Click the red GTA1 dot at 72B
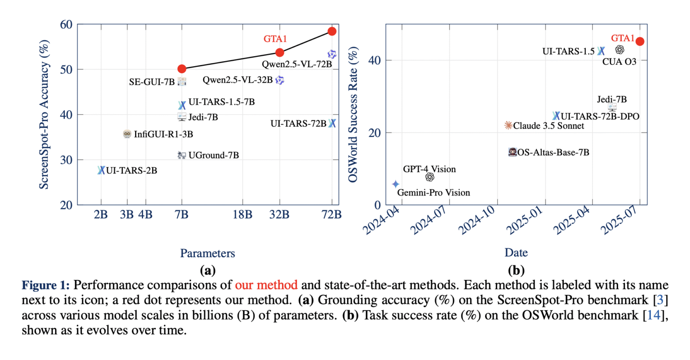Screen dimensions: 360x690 (x=332, y=31)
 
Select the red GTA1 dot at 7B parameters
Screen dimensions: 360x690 (x=181, y=69)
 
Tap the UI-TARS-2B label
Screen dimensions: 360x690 (x=132, y=171)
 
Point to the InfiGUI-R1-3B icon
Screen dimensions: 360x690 (x=127, y=134)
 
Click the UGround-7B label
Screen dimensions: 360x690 (x=213, y=156)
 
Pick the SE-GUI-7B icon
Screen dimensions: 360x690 (x=181, y=81)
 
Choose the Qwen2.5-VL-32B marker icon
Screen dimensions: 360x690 (x=280, y=80)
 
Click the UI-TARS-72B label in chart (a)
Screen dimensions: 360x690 (x=298, y=124)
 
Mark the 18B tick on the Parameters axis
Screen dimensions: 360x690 (x=243, y=215)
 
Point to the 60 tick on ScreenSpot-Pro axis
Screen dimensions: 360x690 (x=66, y=24)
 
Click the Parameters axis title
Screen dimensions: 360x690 (x=208, y=253)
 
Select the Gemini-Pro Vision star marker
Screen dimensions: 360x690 (x=395, y=184)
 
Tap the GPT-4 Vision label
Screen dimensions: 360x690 (x=429, y=169)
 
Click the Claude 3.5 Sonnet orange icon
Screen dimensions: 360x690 (x=508, y=125)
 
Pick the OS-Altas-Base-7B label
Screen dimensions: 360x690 (x=553, y=153)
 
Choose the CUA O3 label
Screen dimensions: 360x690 (x=619, y=62)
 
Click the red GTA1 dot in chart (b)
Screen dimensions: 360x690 (x=640, y=41)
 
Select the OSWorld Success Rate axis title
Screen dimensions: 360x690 (x=354, y=115)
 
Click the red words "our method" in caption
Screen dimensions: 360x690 (x=266, y=285)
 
